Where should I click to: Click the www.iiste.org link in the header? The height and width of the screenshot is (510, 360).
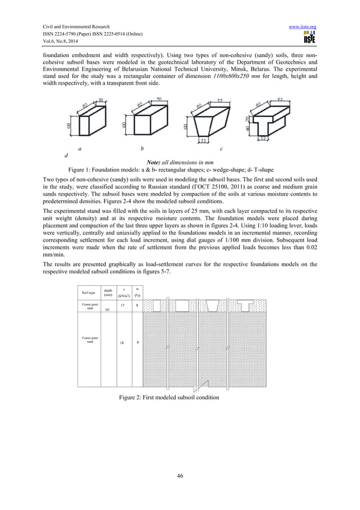pyautogui.click(x=304, y=27)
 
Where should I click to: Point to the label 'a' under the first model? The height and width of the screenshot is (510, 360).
pyautogui.click(x=80, y=149)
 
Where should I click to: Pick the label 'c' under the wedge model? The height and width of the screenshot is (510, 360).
pyautogui.click(x=221, y=149)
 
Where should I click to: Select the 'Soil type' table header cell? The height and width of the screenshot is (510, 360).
pyautogui.click(x=89, y=292)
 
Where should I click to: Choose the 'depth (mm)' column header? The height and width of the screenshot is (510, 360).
pyautogui.click(x=108, y=292)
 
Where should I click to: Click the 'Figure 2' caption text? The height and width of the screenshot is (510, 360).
pyautogui.click(x=169, y=398)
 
